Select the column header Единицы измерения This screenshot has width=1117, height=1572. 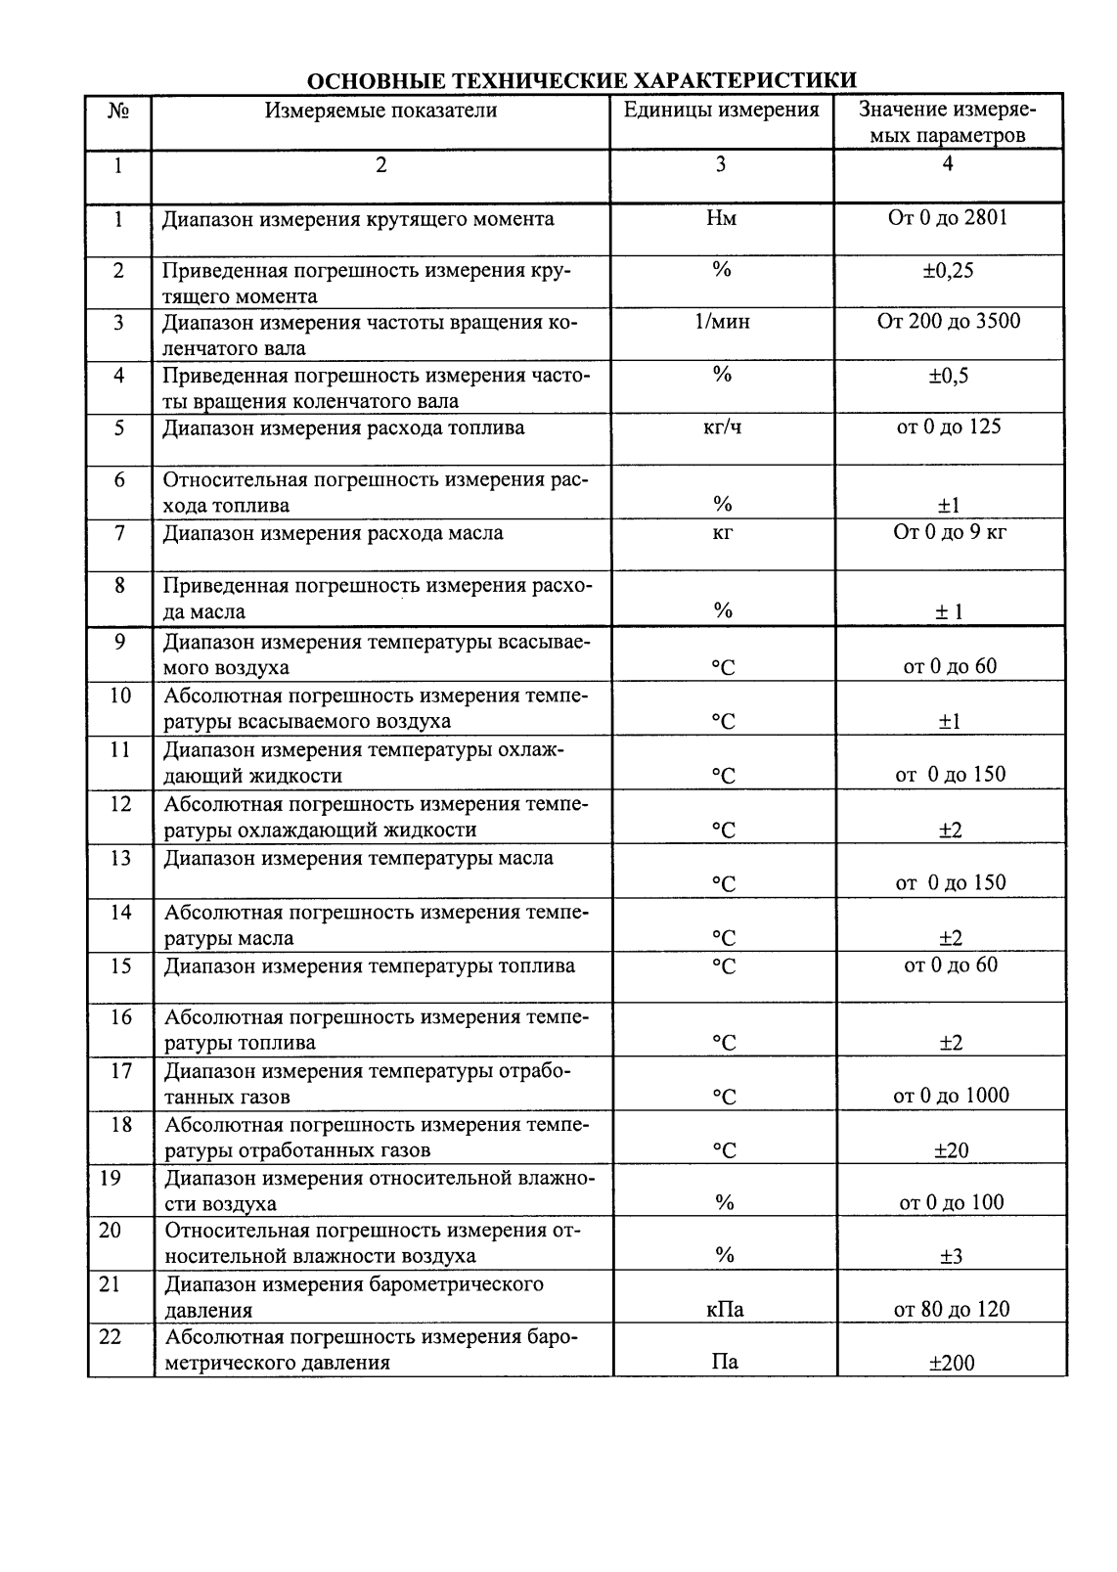(x=722, y=110)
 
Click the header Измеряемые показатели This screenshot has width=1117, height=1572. (x=380, y=110)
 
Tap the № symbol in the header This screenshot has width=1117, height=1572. (x=118, y=111)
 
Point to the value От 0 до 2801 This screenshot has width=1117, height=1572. (x=947, y=217)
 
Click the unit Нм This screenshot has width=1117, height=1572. (x=722, y=218)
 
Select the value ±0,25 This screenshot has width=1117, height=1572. (x=948, y=271)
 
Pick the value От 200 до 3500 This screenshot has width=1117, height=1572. (x=948, y=322)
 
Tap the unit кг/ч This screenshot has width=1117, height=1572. (x=722, y=428)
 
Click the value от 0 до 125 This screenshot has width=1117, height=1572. (x=948, y=427)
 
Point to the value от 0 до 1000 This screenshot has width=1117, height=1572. (x=951, y=1096)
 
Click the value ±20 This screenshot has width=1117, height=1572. (x=951, y=1150)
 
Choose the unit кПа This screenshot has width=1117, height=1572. (x=725, y=1310)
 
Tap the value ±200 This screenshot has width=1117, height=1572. (x=951, y=1363)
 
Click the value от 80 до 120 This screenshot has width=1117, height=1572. (x=951, y=1309)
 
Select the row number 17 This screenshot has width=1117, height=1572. (x=121, y=1071)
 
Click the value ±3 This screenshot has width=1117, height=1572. (x=951, y=1256)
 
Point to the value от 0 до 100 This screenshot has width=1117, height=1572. (x=951, y=1203)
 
